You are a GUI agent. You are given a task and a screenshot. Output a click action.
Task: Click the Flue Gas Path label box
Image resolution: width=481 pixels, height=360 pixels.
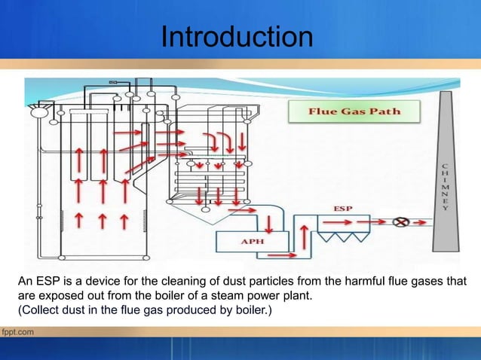pos(354,113)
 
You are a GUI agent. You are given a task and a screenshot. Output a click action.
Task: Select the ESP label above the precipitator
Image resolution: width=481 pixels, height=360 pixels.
pos(342,206)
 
